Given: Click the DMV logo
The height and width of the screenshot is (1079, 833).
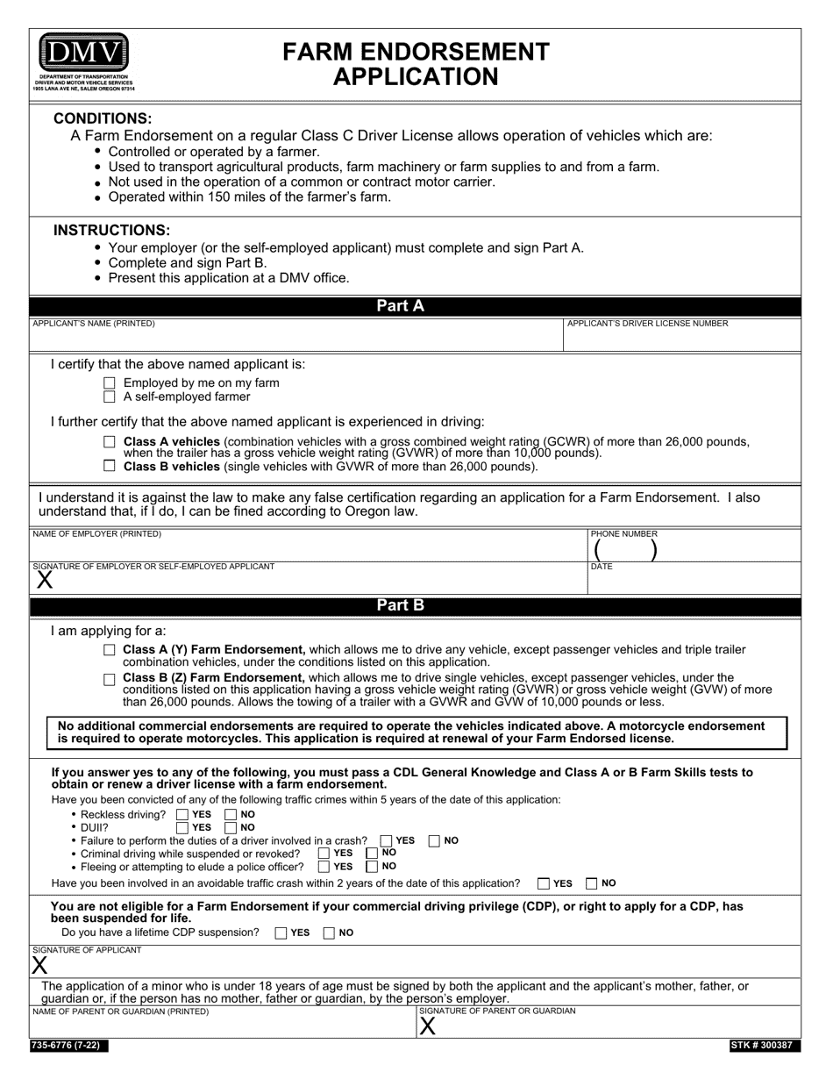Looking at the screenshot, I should point(83,54).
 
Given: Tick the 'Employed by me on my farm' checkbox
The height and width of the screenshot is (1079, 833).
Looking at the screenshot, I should point(110,382).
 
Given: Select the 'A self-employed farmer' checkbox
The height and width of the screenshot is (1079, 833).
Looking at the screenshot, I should point(110,397).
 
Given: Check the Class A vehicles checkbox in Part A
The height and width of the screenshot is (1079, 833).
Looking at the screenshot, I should point(110,441).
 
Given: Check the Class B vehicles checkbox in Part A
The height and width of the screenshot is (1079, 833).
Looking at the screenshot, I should point(110,467).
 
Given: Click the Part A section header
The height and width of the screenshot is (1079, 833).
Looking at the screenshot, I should point(401,306).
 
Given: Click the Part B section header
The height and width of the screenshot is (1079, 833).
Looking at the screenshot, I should point(401,605).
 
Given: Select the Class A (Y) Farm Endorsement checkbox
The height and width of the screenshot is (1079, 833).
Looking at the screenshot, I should point(110,650).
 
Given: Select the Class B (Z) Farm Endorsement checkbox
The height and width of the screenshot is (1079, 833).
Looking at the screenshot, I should point(110,679).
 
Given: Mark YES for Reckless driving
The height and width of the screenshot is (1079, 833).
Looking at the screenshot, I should point(182,815).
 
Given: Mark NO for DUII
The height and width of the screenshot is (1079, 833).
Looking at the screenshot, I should point(231,827).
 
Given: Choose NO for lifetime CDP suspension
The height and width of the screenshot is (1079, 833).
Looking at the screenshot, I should point(330,933).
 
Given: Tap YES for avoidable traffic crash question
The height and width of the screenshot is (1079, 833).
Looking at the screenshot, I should point(544,883).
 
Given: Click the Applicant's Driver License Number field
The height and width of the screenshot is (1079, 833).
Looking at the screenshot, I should point(681,339).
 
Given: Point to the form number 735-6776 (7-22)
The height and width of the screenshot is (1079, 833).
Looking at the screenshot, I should point(70,1046).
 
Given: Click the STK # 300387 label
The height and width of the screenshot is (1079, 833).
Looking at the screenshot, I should point(764,1046).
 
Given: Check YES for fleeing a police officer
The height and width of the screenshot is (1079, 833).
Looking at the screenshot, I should point(324,867).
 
